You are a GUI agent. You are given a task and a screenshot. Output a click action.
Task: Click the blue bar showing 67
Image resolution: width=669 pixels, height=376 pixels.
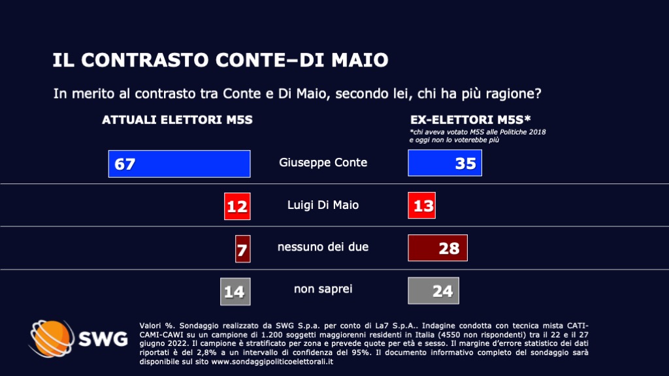(x=179, y=163)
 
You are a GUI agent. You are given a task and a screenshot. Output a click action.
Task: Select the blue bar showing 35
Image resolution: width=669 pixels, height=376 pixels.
(x=444, y=163)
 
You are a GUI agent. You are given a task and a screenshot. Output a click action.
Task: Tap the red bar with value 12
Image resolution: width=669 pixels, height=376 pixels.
(x=237, y=206)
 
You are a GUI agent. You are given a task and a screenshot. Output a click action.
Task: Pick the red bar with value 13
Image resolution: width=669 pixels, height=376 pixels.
(x=421, y=206)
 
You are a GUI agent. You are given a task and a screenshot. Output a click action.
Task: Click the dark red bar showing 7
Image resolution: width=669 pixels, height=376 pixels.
(x=243, y=249)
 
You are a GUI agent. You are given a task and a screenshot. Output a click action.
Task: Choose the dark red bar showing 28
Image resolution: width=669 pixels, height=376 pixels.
(x=437, y=248)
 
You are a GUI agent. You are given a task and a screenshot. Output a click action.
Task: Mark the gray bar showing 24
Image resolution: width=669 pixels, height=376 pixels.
(x=433, y=291)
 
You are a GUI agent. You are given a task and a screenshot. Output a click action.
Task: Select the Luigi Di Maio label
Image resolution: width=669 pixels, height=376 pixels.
(x=323, y=205)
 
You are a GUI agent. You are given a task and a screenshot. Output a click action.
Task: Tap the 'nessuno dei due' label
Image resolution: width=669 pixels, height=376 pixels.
(x=323, y=247)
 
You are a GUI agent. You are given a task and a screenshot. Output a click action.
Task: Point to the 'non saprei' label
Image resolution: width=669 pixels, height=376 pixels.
(x=323, y=289)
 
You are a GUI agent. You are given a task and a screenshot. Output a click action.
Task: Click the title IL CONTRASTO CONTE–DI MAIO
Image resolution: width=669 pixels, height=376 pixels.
(x=220, y=61)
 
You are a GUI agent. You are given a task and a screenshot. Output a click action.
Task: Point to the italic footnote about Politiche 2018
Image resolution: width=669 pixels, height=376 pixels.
(x=477, y=136)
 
